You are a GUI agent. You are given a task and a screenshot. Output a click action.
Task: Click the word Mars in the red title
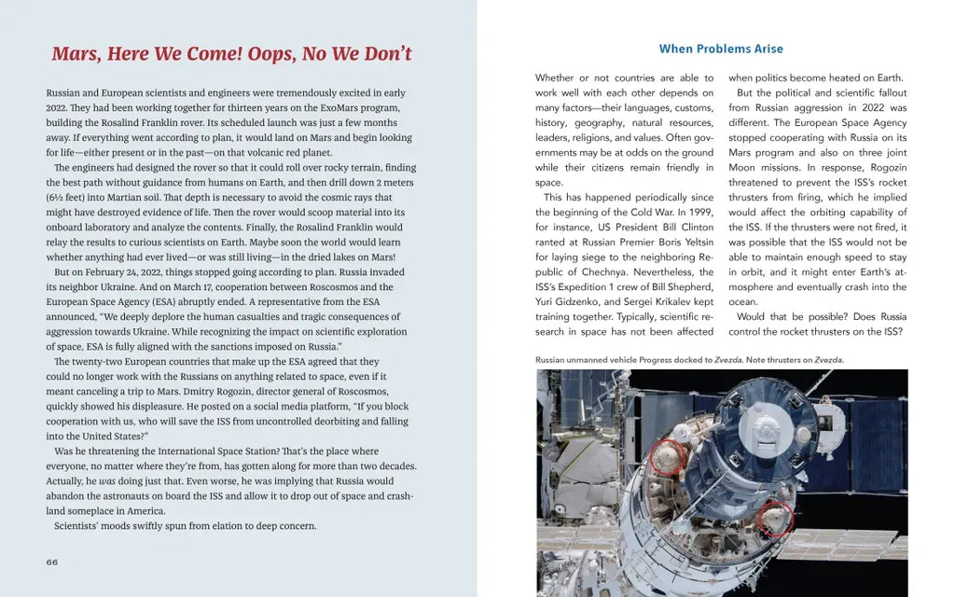(x=76, y=54)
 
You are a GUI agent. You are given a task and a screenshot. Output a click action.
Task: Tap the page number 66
(x=52, y=562)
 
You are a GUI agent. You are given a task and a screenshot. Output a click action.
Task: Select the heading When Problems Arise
(x=721, y=49)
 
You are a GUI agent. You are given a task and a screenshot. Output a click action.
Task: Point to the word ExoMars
(x=333, y=108)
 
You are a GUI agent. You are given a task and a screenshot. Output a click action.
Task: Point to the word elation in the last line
(x=203, y=525)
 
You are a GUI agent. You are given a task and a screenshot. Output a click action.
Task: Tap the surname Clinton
(x=695, y=228)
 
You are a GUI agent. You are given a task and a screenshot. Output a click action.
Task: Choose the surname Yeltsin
(x=694, y=243)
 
